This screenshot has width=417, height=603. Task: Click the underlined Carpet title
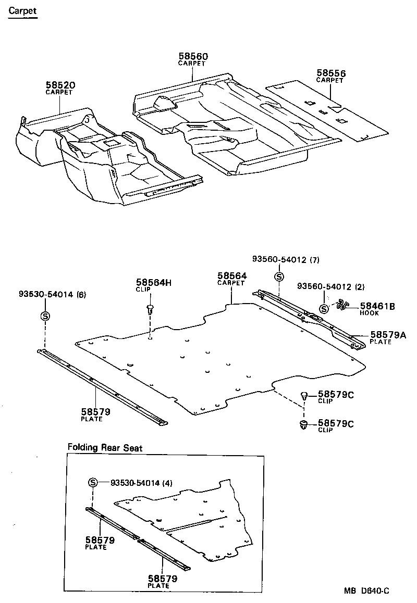(22, 10)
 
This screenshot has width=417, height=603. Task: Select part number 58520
(60, 85)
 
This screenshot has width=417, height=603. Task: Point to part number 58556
(331, 73)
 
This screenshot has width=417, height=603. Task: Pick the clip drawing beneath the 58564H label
(150, 310)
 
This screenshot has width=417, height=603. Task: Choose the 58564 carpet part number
(232, 276)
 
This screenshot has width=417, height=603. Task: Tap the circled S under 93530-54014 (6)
(45, 316)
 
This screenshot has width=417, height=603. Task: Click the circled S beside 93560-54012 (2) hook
(324, 308)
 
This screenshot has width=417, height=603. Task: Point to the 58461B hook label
(377, 306)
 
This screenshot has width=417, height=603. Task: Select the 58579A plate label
(388, 335)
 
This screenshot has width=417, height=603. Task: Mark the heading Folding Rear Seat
(105, 447)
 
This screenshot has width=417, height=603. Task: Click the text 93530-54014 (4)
(141, 483)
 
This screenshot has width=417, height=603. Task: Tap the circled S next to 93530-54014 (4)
(93, 483)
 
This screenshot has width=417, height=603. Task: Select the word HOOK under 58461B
(370, 313)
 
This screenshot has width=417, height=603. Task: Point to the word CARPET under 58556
(330, 81)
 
